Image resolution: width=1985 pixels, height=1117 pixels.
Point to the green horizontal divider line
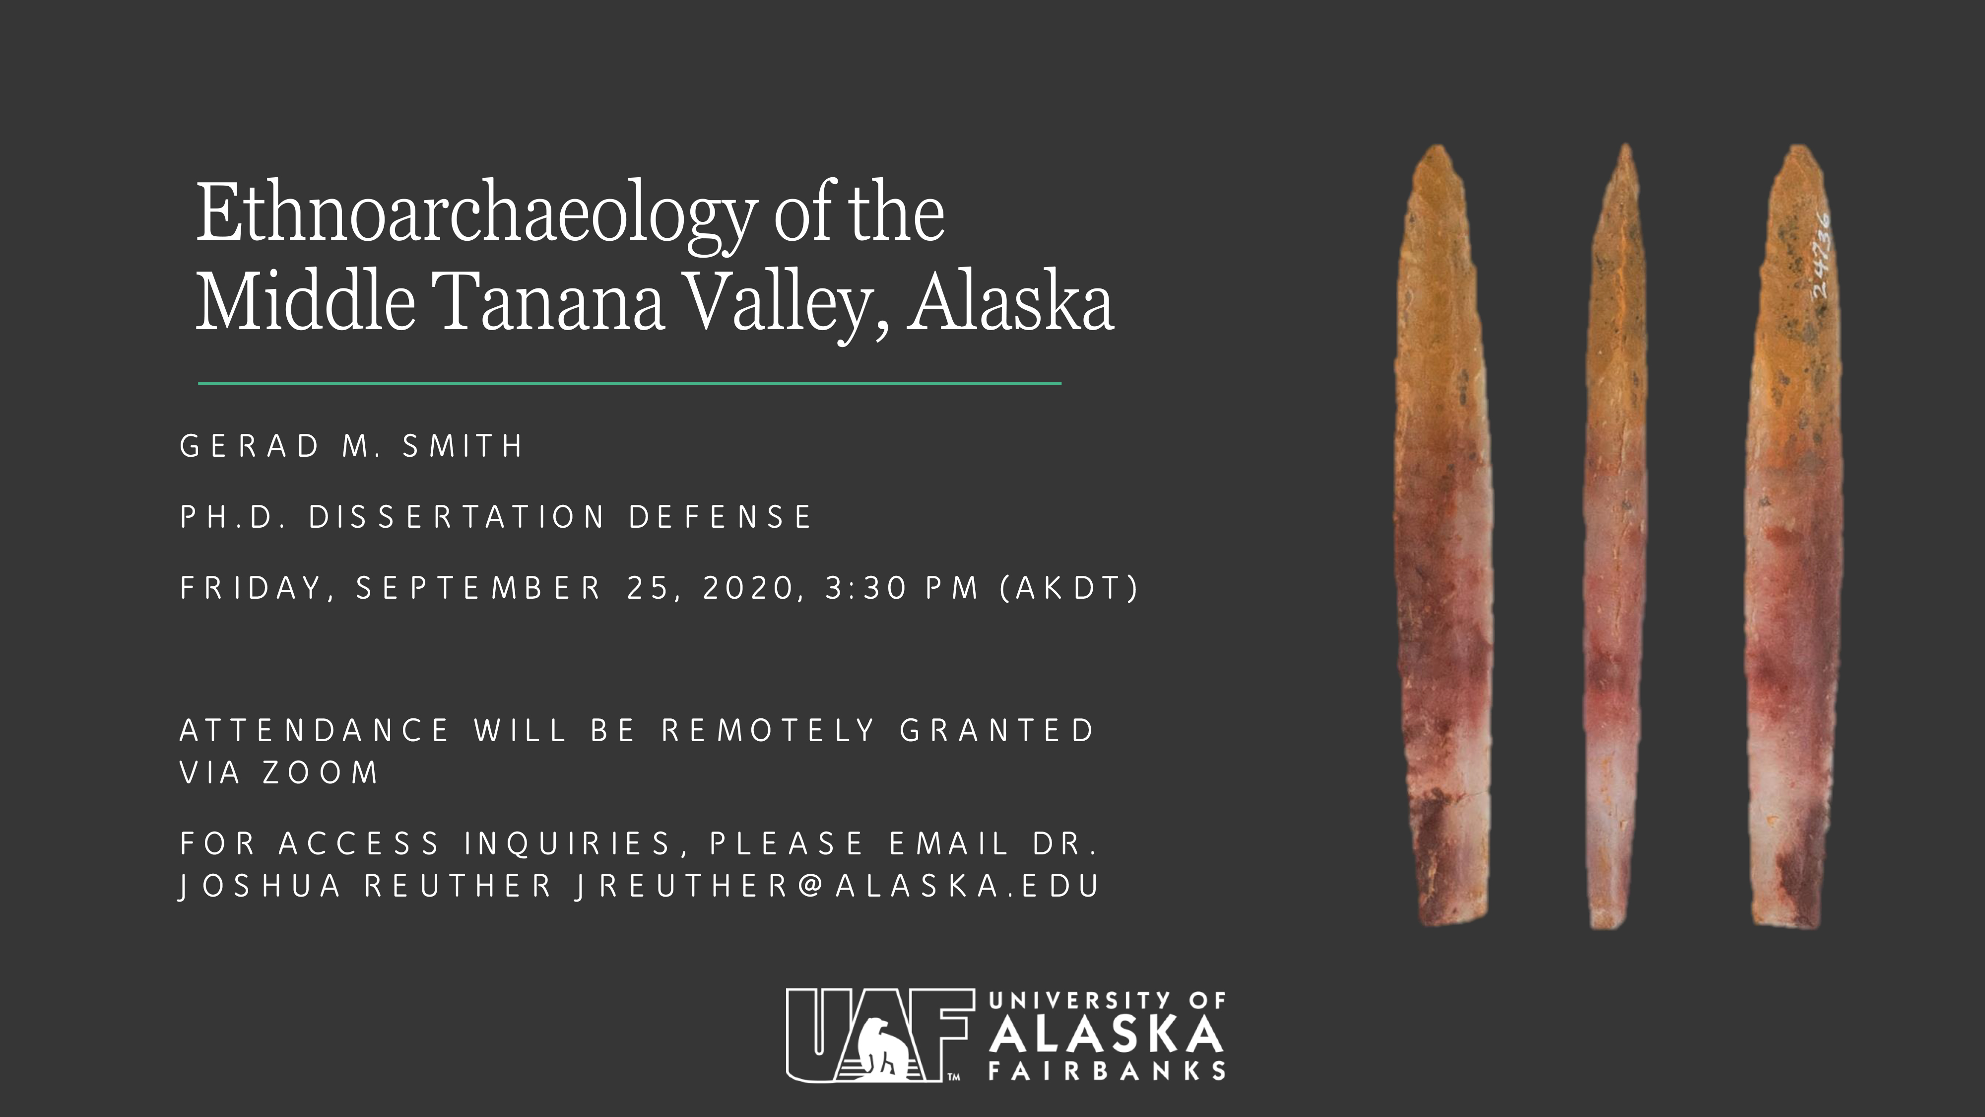[630, 382]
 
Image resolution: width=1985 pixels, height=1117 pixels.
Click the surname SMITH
[463, 446]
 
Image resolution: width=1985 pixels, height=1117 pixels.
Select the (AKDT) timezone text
[1069, 588]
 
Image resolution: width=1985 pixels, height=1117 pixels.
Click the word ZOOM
[321, 772]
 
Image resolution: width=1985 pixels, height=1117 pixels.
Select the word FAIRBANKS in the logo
[1107, 1071]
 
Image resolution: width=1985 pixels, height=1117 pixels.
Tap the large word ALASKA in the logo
[1107, 1034]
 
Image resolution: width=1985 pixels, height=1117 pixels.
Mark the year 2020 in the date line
[747, 588]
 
